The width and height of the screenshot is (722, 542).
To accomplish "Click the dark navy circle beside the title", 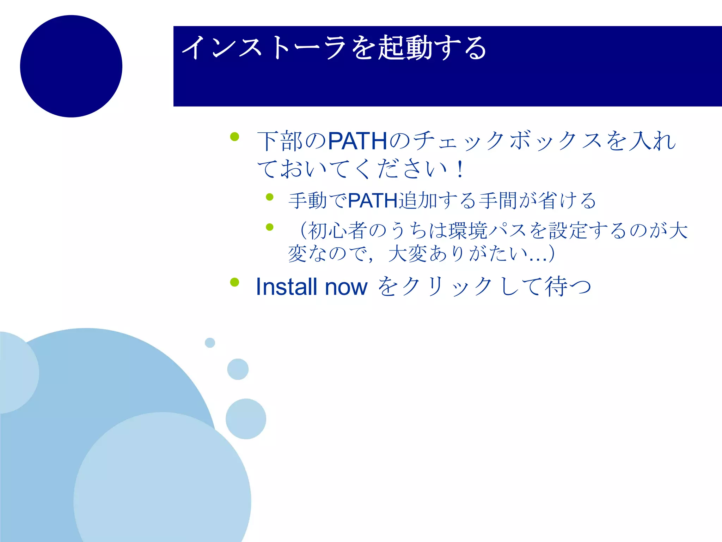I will tap(71, 66).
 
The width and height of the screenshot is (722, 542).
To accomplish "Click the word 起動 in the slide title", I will tap(405, 48).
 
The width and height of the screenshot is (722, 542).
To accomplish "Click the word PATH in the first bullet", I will tap(357, 141).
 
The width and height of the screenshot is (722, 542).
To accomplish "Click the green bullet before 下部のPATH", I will tap(234, 137).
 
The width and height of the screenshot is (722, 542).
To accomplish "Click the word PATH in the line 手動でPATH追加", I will tap(373, 201).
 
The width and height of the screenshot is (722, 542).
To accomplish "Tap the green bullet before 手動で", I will tap(270, 197).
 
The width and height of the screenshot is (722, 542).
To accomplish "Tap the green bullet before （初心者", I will tap(270, 227).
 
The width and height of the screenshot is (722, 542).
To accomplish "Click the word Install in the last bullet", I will tap(286, 287).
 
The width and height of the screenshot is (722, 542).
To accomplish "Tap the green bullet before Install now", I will tap(234, 282).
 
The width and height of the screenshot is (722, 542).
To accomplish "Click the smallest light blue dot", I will tap(210, 343).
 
